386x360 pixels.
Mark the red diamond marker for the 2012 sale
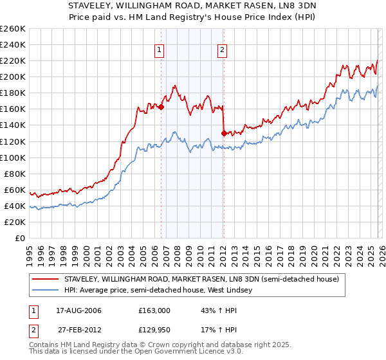pos(224,133)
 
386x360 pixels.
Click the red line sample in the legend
pos(46,279)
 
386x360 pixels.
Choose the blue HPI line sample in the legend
pos(46,291)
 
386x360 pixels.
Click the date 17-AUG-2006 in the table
pos(78,310)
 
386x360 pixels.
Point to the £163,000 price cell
pos(154,310)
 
